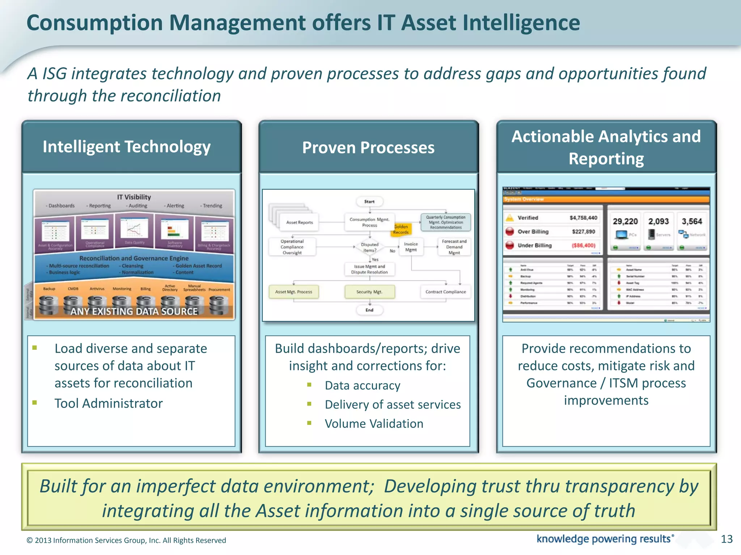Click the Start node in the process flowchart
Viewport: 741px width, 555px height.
369,202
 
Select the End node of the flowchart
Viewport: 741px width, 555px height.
369,310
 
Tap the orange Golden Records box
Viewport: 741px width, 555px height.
401,229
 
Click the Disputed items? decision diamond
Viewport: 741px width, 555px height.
369,247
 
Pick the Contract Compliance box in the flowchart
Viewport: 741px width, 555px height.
445,292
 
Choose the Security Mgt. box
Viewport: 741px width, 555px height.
369,292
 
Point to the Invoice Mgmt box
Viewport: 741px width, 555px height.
411,247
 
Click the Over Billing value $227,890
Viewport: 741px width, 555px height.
583,232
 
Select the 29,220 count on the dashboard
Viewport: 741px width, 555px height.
625,221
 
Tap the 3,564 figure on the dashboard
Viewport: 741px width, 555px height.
692,221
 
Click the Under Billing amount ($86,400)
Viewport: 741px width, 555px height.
583,245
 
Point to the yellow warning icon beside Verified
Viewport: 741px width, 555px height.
510,218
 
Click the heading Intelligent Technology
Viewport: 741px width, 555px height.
127,147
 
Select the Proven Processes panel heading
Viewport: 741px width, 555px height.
368,148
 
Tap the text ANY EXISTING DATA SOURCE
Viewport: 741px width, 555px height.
134,311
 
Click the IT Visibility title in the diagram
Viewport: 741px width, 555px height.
134,197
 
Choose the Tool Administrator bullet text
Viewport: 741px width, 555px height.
109,403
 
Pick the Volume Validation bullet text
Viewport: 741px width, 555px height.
374,423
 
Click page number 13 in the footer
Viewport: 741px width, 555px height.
727,539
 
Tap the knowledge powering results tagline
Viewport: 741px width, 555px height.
604,539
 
